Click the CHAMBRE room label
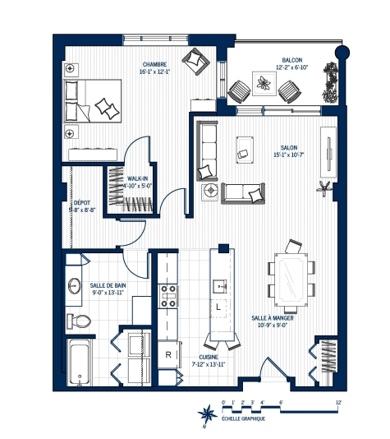[154, 64]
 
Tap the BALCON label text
[291, 60]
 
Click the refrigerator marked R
[168, 354]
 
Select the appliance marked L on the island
[218, 307]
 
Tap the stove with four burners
[168, 296]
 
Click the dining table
[291, 278]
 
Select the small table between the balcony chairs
[263, 84]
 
